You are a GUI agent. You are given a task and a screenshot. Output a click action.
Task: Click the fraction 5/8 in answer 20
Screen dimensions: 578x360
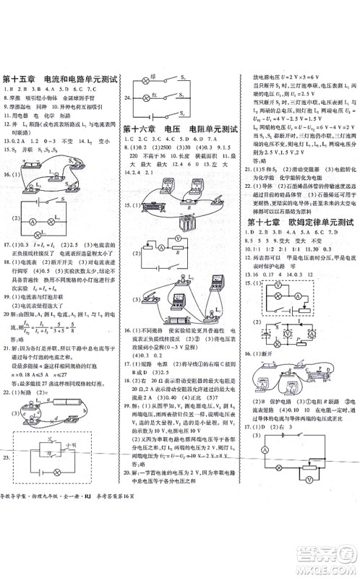[x=71, y=329]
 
